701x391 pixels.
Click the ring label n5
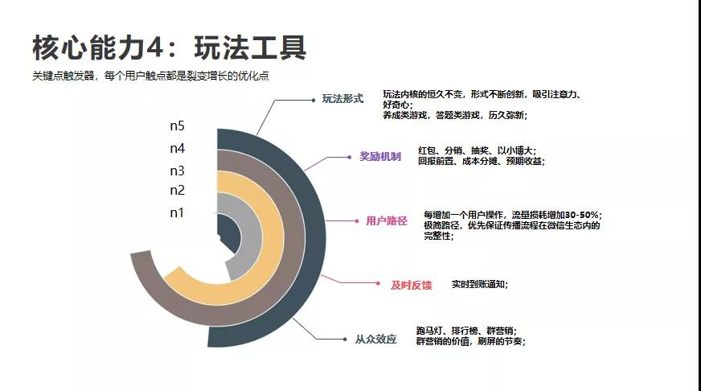[x=177, y=126]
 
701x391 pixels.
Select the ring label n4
[x=177, y=149]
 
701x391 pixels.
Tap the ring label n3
[x=177, y=171]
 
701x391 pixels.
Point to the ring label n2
[x=177, y=191]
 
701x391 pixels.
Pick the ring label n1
[x=177, y=212]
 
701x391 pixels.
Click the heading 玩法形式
[x=343, y=99]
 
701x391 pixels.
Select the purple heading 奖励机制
[x=379, y=156]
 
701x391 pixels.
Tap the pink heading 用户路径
[x=387, y=220]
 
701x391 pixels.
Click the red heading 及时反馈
[x=411, y=285]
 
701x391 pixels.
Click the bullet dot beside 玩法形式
[x=313, y=100]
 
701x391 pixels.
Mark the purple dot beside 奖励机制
[x=350, y=156]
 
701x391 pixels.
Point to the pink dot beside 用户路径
[x=356, y=220]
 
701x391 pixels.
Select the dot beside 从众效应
[x=346, y=339]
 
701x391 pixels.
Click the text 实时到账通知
[x=479, y=284]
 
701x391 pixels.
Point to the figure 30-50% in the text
[x=579, y=215]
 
